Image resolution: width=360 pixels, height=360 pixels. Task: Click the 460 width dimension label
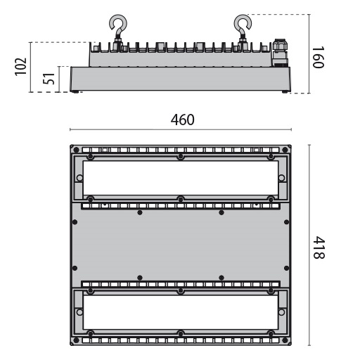pyautogui.click(x=182, y=120)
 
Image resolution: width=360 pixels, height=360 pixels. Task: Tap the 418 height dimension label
pyautogui.click(x=318, y=246)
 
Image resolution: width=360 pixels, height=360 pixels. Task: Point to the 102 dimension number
pyautogui.click(x=20, y=67)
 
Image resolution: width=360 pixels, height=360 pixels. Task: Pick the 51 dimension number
pyautogui.click(x=49, y=78)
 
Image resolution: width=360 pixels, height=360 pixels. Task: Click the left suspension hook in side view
pyautogui.click(x=115, y=29)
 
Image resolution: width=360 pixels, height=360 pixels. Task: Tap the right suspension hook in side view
pyautogui.click(x=243, y=29)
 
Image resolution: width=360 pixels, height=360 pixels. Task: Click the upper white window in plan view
pyautogui.click(x=181, y=179)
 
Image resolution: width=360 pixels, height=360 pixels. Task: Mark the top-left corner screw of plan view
pyautogui.click(x=73, y=148)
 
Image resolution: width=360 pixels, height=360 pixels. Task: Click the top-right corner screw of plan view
pyautogui.click(x=289, y=148)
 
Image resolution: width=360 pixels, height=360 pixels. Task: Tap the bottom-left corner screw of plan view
pyautogui.click(x=73, y=343)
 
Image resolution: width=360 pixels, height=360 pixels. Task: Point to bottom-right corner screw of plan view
pyautogui.click(x=289, y=343)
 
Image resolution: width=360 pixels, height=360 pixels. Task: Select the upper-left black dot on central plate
pyautogui.click(x=140, y=212)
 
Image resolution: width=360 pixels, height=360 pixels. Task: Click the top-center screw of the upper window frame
pyautogui.click(x=181, y=156)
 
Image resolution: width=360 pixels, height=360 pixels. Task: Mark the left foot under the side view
pyautogui.click(x=77, y=91)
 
